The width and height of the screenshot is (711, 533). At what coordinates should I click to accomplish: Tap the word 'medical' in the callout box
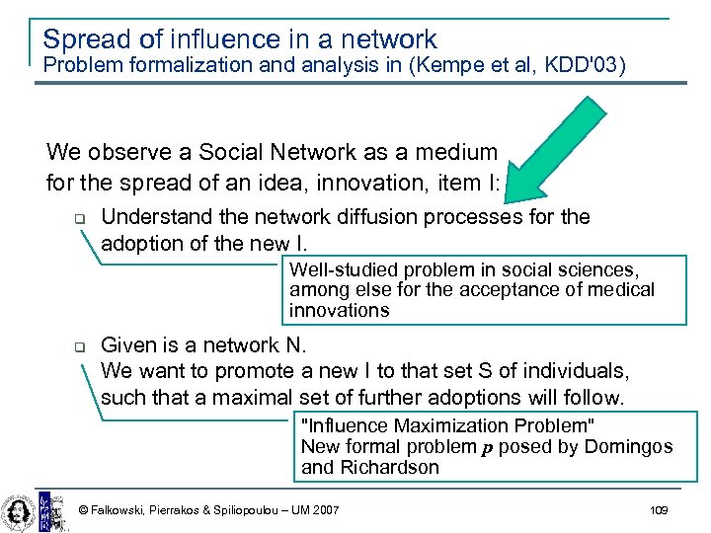[x=621, y=289]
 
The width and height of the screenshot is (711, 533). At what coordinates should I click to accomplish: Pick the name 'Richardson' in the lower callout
[x=389, y=467]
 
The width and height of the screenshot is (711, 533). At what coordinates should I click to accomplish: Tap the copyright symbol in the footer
[x=83, y=510]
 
